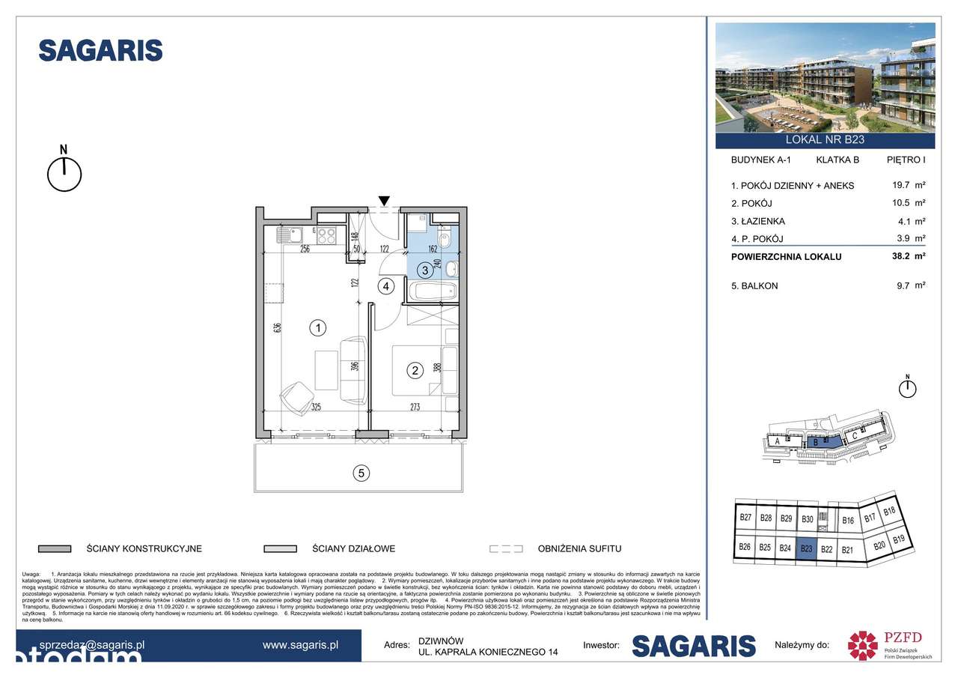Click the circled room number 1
pyautogui.click(x=319, y=327)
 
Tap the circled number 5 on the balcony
pyautogui.click(x=361, y=473)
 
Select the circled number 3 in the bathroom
pyautogui.click(x=424, y=270)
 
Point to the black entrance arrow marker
pyautogui.click(x=384, y=201)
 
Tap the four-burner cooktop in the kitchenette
pyautogui.click(x=327, y=235)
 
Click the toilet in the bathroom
pyautogui.click(x=445, y=240)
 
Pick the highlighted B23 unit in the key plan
pyautogui.click(x=806, y=548)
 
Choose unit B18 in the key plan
pyautogui.click(x=889, y=512)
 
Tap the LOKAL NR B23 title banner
pyautogui.click(x=825, y=139)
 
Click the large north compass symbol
pyautogui.click(x=64, y=173)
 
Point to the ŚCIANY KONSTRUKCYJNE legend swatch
pyautogui.click(x=54, y=548)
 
